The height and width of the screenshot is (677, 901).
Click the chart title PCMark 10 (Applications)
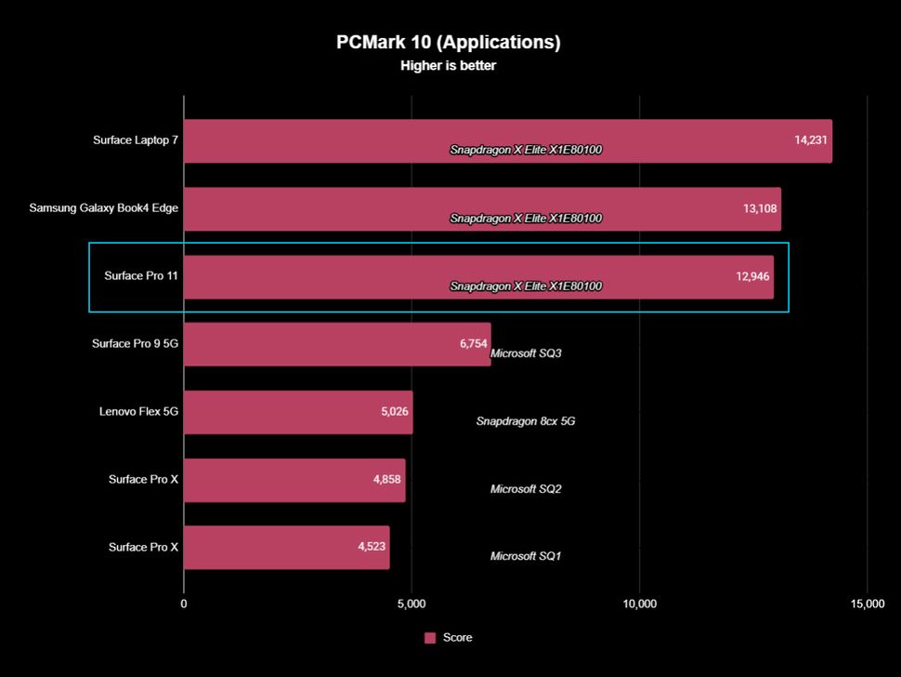tap(449, 43)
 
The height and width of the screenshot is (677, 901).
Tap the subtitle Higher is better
tap(449, 66)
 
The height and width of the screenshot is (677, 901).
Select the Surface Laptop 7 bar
tap(507, 140)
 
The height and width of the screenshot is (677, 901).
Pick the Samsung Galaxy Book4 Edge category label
tap(103, 208)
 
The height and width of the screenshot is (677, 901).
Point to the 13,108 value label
tap(760, 208)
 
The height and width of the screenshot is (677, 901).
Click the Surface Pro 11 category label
tap(141, 276)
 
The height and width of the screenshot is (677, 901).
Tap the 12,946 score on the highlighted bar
tap(753, 276)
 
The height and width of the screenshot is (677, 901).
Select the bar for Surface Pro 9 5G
tap(336, 344)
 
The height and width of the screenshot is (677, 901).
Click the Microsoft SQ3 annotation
tap(526, 353)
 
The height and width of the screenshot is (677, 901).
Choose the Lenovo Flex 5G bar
tap(297, 412)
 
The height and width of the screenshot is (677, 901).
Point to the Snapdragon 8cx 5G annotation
tap(526, 421)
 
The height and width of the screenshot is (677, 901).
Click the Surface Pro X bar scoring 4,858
tap(294, 480)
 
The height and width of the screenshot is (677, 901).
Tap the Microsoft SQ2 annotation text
tap(526, 489)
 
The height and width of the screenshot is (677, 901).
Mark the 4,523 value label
tap(372, 547)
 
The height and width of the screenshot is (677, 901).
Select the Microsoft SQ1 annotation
tap(526, 556)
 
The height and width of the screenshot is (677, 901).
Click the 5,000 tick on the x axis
tap(411, 604)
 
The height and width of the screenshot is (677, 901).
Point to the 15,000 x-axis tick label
tap(867, 604)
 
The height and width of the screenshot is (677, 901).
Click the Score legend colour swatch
tap(430, 638)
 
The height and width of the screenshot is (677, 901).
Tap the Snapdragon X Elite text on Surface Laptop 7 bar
tap(526, 150)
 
